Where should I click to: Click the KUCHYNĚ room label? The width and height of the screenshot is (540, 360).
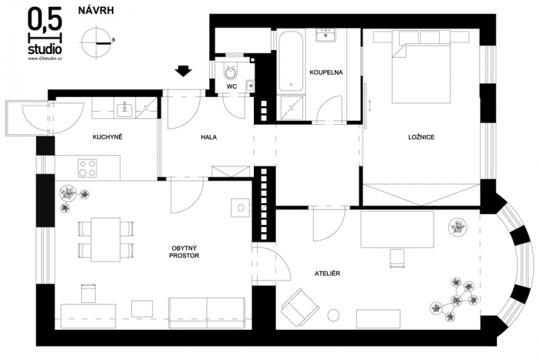tap(107, 137)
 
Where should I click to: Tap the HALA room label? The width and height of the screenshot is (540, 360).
tap(209, 137)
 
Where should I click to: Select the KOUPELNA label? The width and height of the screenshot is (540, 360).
tap(326, 72)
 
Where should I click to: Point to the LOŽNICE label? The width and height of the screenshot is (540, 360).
tap(421, 137)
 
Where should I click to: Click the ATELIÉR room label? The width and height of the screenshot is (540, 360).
tap(327, 274)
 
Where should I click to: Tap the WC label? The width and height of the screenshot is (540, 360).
tap(231, 86)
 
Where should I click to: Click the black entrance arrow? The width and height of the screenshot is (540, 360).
tap(184, 71)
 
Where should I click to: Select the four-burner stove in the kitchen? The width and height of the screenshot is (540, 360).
tap(87, 168)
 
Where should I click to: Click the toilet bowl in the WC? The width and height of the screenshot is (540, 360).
tap(231, 71)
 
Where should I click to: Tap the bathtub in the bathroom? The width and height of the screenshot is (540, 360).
tap(291, 61)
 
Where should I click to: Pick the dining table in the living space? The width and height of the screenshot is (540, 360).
tap(106, 239)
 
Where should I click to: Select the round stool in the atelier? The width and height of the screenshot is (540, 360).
tap(333, 315)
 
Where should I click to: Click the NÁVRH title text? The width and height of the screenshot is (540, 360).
tap(96, 11)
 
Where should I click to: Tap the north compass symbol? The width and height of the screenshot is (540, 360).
tap(96, 43)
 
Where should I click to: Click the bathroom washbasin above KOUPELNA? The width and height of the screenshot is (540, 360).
tap(326, 35)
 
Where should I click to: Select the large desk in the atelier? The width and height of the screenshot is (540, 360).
tap(397, 230)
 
